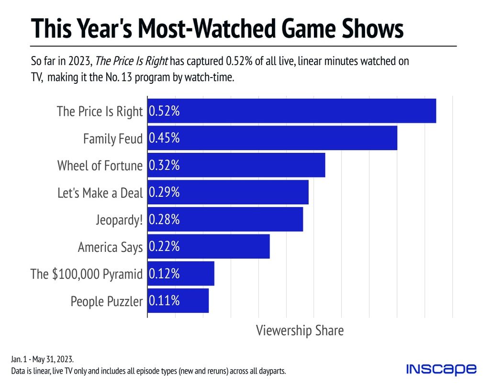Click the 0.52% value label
(164, 111)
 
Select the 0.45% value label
(164, 138)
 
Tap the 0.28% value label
(164, 220)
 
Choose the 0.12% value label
(164, 274)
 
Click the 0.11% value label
(164, 301)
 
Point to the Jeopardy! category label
(119, 220)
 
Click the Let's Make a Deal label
(100, 192)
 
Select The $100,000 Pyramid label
(87, 274)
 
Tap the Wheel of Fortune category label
(100, 166)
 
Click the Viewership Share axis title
(300, 330)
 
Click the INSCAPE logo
(441, 369)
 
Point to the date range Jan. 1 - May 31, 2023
(42, 359)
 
